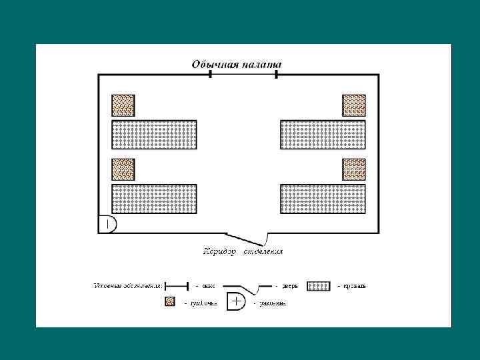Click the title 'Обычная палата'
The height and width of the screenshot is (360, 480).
[x=237, y=65]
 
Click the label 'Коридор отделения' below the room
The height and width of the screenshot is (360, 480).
[x=243, y=251]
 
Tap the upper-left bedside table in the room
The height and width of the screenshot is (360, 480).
[x=123, y=105]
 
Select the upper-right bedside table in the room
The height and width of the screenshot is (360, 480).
[x=354, y=105]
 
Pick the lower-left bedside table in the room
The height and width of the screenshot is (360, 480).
[x=123, y=169]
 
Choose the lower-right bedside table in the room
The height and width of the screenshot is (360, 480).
[x=354, y=169]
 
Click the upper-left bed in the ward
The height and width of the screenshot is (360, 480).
[x=154, y=135]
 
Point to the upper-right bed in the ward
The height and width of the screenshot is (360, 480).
[x=323, y=135]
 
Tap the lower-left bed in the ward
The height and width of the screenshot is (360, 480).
[x=154, y=199]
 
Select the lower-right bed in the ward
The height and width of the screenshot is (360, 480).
[x=323, y=199]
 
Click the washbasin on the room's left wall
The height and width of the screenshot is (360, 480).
[x=108, y=224]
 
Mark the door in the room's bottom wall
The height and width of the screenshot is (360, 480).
[x=247, y=237]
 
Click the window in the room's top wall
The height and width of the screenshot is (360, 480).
[x=243, y=74]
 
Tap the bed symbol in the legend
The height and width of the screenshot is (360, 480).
[x=318, y=286]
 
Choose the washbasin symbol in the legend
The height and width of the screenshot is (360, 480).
[x=237, y=301]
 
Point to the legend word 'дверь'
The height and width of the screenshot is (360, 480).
[x=290, y=287]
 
